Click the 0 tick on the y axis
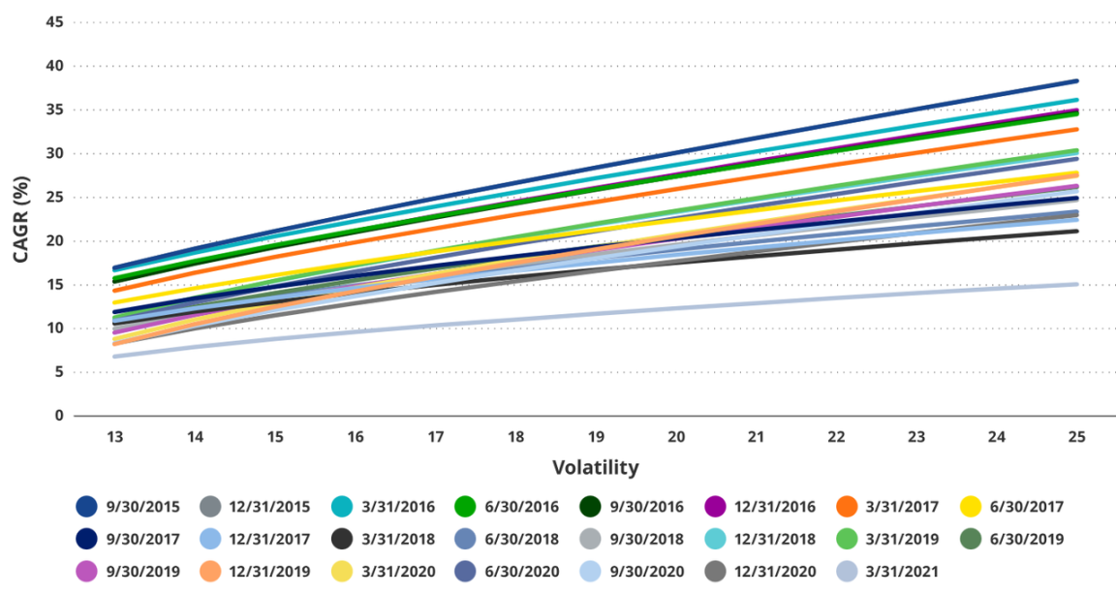[x=59, y=416]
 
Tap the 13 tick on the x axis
[x=114, y=438]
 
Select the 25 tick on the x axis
[x=1076, y=438]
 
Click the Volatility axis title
[x=596, y=468]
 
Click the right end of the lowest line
[x=1076, y=284]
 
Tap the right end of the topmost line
[x=1076, y=81]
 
